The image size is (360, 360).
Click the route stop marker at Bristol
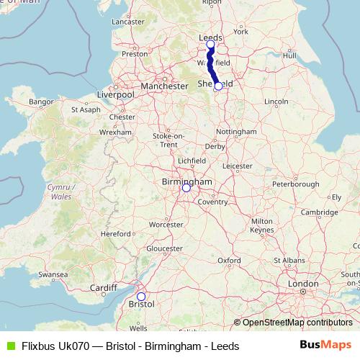(141, 297)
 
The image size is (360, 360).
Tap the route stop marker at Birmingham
(186, 188)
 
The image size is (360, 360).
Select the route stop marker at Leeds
(210, 45)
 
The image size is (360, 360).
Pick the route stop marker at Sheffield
(218, 86)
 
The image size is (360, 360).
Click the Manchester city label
(164, 86)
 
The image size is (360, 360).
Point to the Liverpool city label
(115, 94)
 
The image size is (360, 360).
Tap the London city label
(303, 284)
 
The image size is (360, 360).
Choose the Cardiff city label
(104, 288)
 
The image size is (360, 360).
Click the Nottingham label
(236, 132)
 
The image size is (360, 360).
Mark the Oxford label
(229, 260)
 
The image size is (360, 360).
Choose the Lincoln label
(276, 102)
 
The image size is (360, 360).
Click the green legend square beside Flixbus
(9, 346)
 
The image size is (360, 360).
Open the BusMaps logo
(325, 346)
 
